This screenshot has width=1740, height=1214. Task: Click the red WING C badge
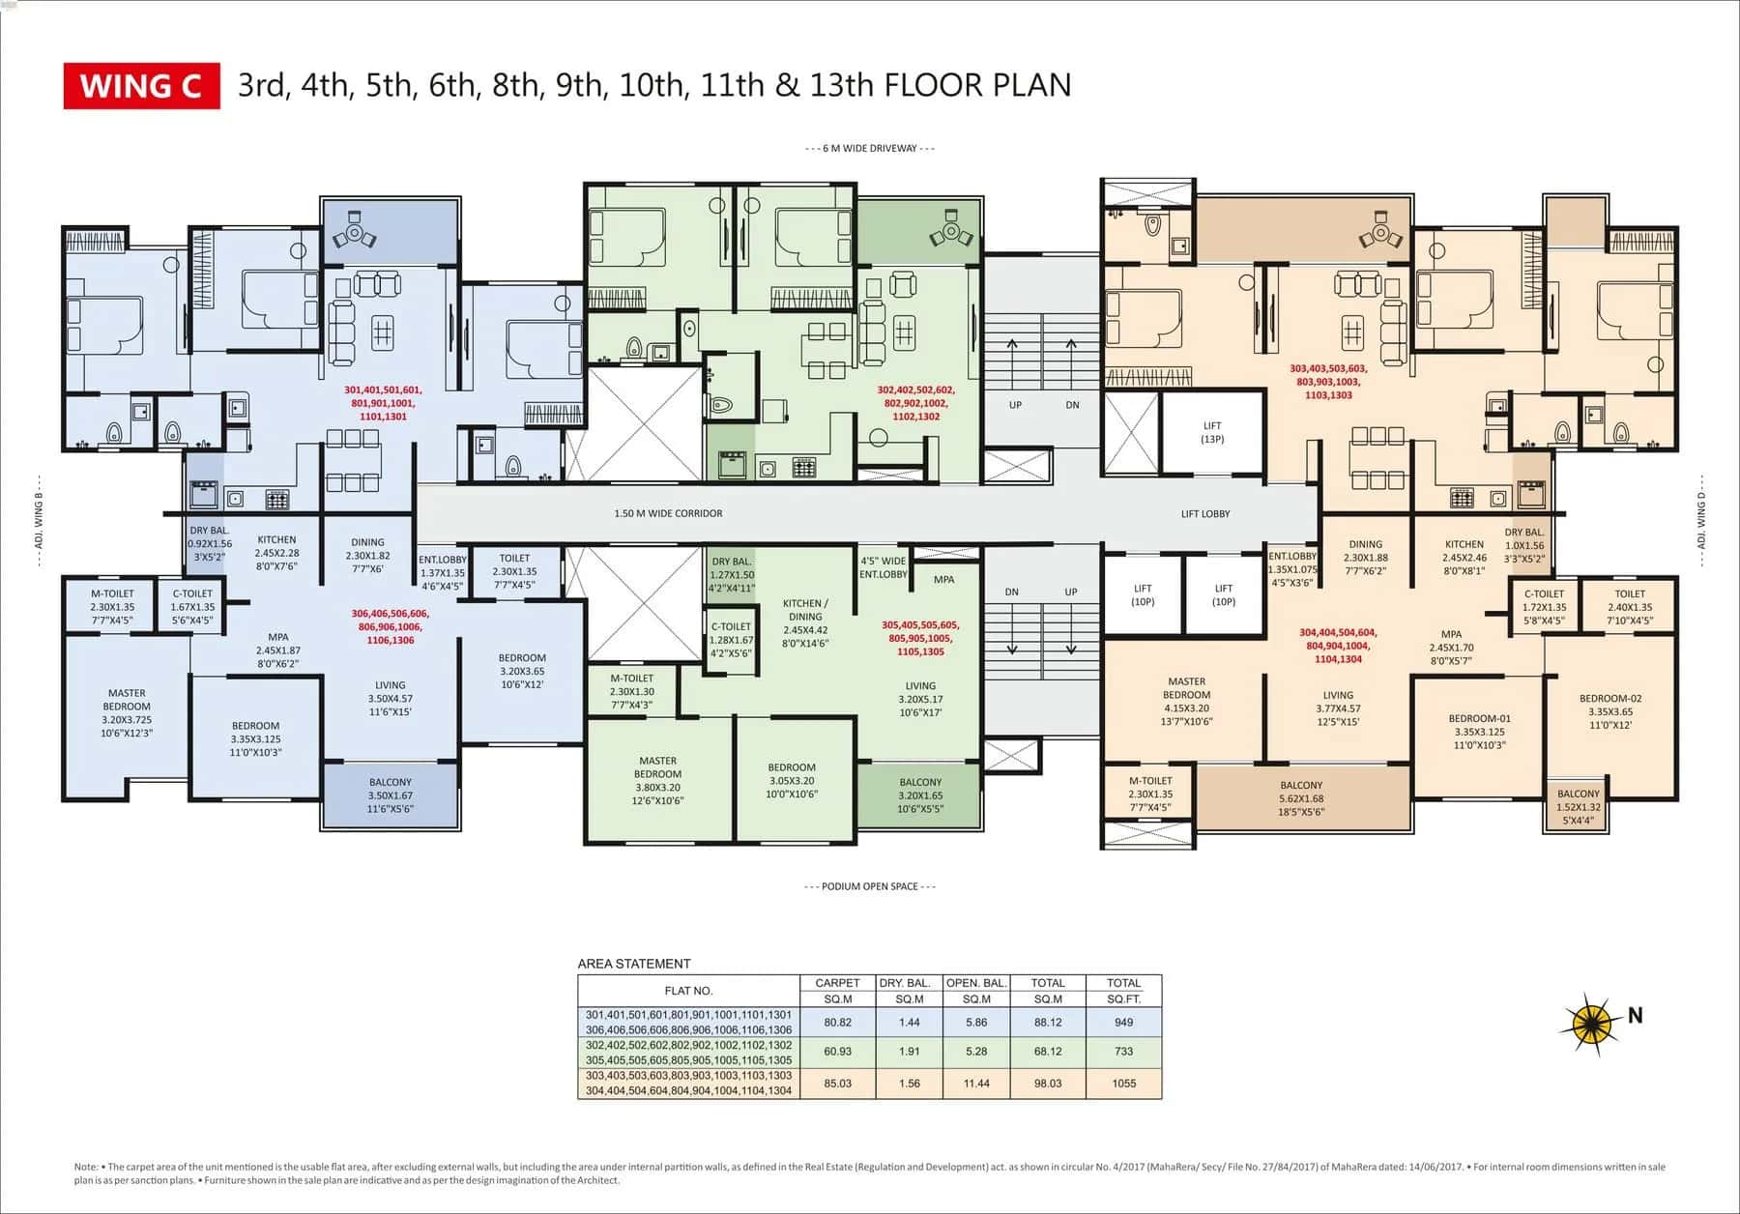[x=141, y=86]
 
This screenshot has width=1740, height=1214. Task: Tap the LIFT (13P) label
[x=1211, y=432]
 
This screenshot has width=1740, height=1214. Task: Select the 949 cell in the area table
[x=1123, y=1022]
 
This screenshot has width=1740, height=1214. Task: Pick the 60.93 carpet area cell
[x=837, y=1051]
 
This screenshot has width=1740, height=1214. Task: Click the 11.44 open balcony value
[x=976, y=1084]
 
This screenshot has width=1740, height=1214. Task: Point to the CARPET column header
[x=837, y=983]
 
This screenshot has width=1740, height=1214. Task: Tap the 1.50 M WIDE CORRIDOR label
[x=668, y=513]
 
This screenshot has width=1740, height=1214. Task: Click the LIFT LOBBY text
[x=1204, y=514]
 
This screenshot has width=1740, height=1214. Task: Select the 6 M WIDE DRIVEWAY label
[x=869, y=149]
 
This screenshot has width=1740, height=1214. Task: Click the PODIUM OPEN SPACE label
[x=869, y=886]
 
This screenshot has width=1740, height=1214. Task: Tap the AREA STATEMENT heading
[x=633, y=964]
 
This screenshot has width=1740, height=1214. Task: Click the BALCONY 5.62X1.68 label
[x=1300, y=798]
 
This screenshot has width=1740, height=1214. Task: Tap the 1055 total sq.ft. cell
[x=1123, y=1084]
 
